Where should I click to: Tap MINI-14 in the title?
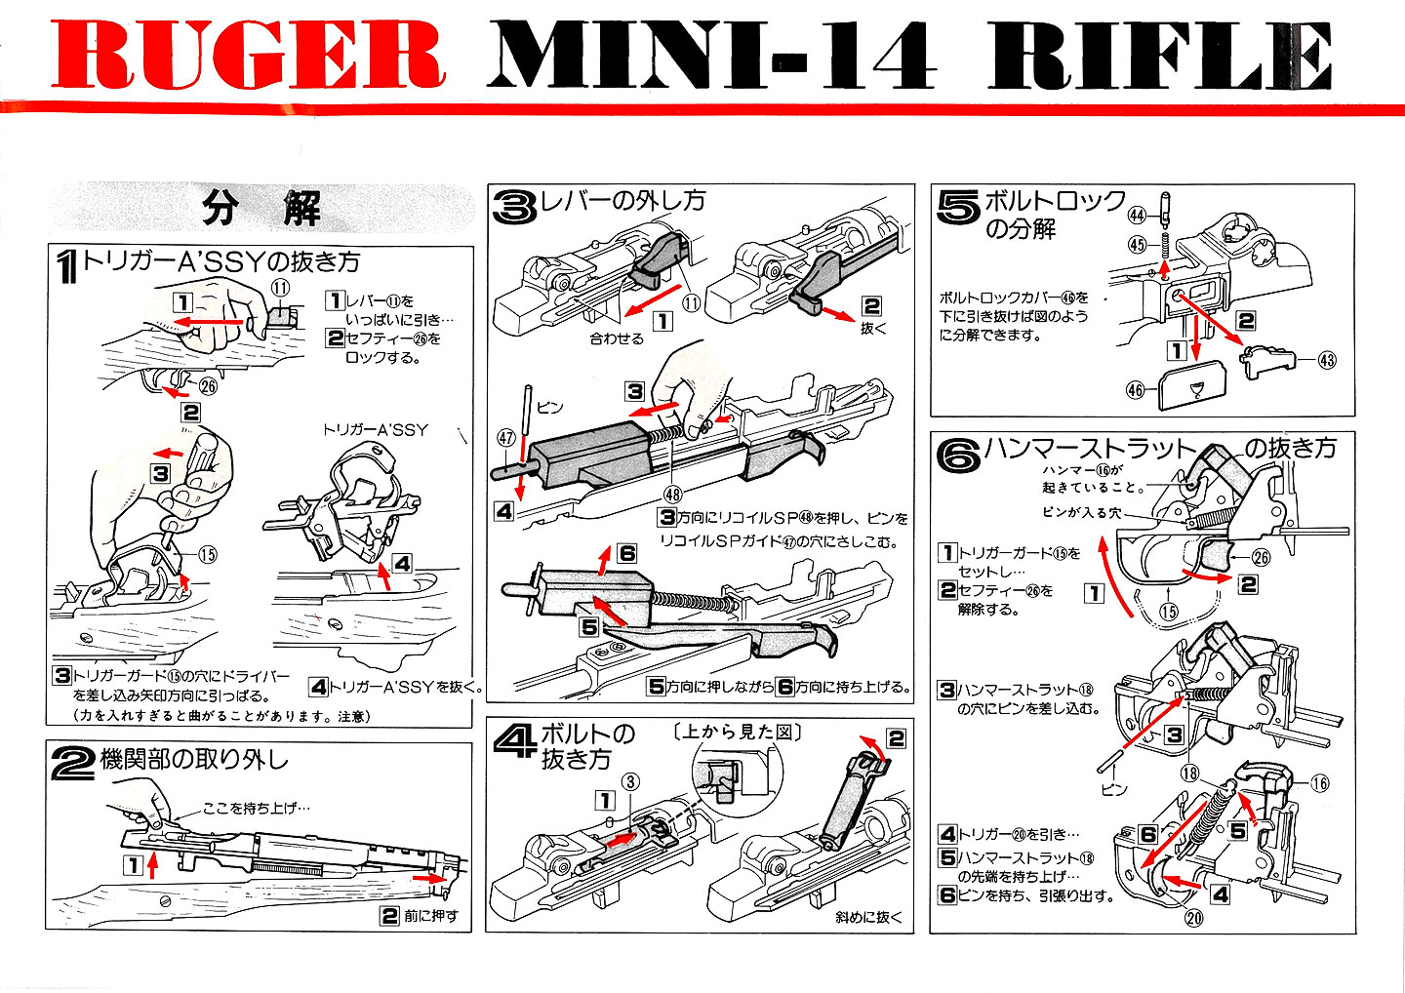[x=711, y=56]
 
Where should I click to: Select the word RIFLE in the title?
[x=1160, y=56]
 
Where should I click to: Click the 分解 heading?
[x=261, y=208]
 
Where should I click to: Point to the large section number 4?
[x=513, y=744]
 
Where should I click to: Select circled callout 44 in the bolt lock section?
[x=1137, y=215]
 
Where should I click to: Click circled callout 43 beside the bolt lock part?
[x=1327, y=360]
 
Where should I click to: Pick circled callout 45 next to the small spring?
[x=1137, y=245]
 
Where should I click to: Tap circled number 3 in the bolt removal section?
[x=631, y=781]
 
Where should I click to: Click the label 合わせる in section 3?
[x=617, y=338]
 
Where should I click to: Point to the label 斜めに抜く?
[x=868, y=917]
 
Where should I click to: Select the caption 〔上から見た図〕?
[x=737, y=731]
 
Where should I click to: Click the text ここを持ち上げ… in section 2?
[x=256, y=809]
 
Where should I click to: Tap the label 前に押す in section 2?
[x=430, y=916]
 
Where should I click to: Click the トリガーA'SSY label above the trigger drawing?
[x=375, y=429]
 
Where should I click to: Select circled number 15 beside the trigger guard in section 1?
[x=207, y=555]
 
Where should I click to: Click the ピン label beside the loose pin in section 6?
[x=1113, y=788]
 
